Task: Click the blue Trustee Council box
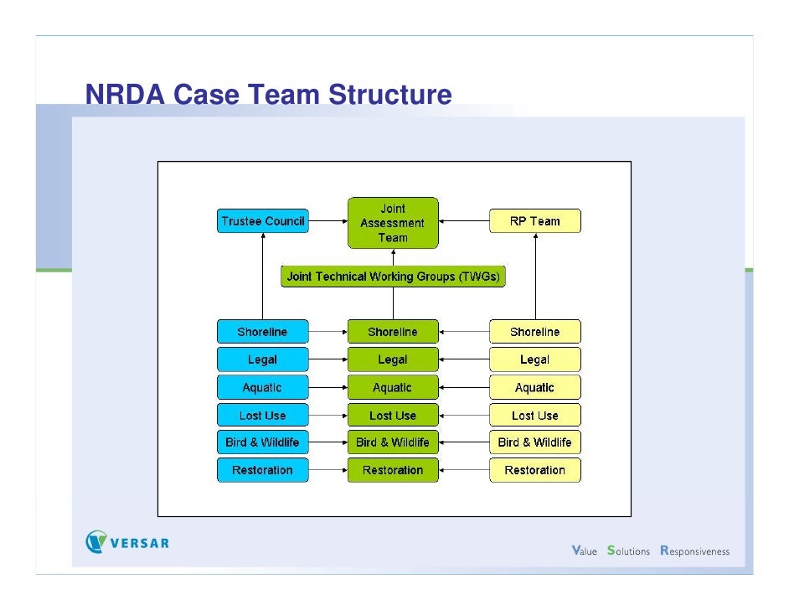pyautogui.click(x=262, y=221)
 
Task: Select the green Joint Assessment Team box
pyautogui.click(x=393, y=223)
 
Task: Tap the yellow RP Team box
pyautogui.click(x=534, y=221)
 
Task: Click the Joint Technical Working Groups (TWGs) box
pyautogui.click(x=393, y=277)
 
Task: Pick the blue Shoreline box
pyautogui.click(x=262, y=332)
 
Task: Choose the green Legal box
pyautogui.click(x=393, y=359)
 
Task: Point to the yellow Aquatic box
pyautogui.click(x=534, y=387)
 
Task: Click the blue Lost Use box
pyautogui.click(x=262, y=415)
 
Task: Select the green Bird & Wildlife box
pyautogui.click(x=393, y=442)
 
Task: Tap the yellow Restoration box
pyautogui.click(x=534, y=469)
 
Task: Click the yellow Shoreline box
pyautogui.click(x=534, y=332)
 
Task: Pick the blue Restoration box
pyautogui.click(x=262, y=469)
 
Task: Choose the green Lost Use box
pyautogui.click(x=393, y=415)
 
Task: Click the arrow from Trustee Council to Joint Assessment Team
pyautogui.click(x=327, y=221)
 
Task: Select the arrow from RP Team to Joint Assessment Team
pyautogui.click(x=463, y=221)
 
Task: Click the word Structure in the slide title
pyautogui.click(x=389, y=96)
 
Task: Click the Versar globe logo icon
pyautogui.click(x=97, y=542)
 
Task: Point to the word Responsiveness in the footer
pyautogui.click(x=694, y=551)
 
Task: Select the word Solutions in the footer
pyautogui.click(x=628, y=551)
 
